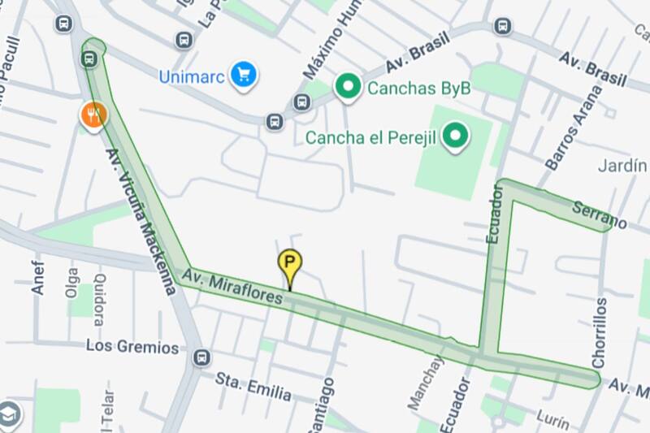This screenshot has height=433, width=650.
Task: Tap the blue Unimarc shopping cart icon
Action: [x=243, y=76]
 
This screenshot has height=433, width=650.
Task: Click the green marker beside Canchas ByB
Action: [x=349, y=87]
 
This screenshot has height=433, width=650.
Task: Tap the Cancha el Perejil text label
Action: [x=370, y=137]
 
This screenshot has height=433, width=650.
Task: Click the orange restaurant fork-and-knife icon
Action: [x=93, y=115]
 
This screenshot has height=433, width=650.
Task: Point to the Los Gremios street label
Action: [x=132, y=347]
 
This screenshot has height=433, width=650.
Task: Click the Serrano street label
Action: [x=600, y=214]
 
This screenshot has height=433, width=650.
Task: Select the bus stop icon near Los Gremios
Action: [x=201, y=357]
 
